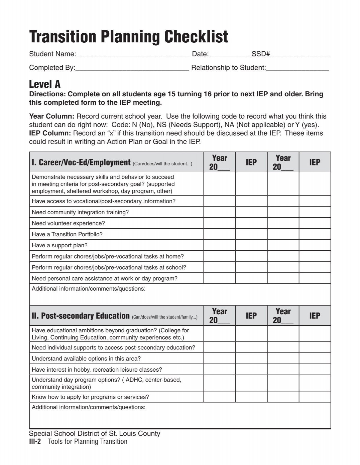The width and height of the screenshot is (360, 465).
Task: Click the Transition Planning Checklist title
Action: tap(128, 37)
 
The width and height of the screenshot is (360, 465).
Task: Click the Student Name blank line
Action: tap(133, 55)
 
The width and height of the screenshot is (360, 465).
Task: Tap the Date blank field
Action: tap(230, 55)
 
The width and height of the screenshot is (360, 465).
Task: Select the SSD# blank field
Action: tap(300, 55)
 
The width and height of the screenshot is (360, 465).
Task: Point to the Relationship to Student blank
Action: tap(298, 68)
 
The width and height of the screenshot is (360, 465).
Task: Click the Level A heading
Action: tap(45, 84)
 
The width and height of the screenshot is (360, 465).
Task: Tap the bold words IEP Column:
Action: tap(50, 133)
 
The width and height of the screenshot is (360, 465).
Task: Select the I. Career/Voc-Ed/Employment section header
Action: tap(81, 162)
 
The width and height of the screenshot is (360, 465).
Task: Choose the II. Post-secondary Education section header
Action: tap(81, 316)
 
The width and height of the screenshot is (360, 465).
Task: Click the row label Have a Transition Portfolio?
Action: tap(67, 234)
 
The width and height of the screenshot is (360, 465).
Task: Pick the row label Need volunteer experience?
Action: tap(68, 223)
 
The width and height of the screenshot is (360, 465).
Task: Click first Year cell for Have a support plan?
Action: tap(220, 245)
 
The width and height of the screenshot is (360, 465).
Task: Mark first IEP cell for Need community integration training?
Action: tap(251, 212)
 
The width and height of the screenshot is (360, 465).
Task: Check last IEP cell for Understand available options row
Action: tap(315, 358)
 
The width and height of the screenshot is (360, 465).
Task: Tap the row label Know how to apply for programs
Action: tap(90, 397)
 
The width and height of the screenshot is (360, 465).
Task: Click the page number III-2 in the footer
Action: tap(35, 442)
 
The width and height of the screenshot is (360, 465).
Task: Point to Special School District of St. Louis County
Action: tap(94, 433)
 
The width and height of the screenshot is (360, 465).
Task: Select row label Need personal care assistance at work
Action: tap(104, 279)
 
